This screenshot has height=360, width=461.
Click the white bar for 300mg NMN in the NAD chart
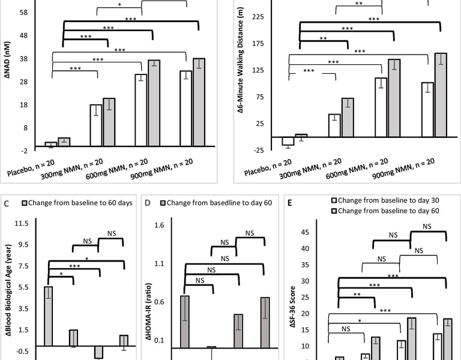[96, 125]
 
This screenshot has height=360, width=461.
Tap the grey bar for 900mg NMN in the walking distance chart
[441, 95]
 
